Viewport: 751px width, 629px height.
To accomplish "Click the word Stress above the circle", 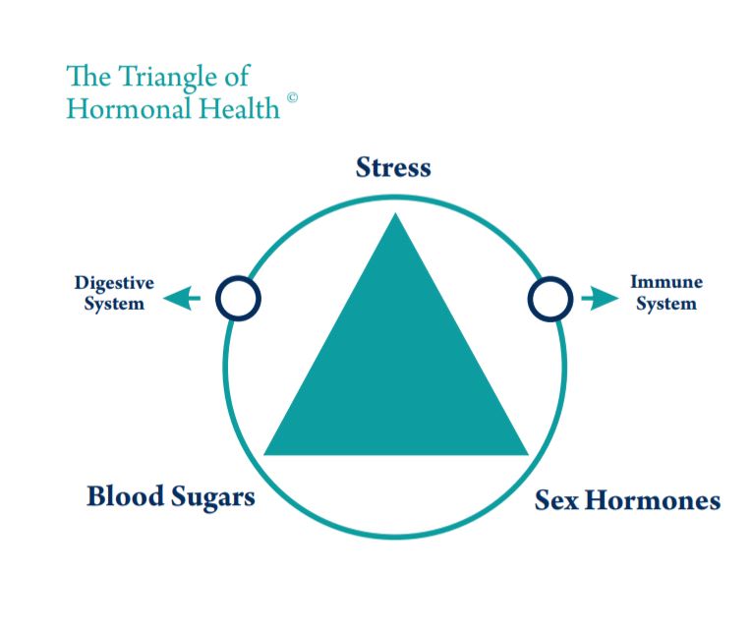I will coord(393,167).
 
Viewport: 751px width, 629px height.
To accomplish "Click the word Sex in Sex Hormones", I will coord(555,500).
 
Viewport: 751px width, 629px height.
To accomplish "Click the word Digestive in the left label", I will coord(114,283).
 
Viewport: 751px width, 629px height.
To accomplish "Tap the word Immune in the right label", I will coord(666,282).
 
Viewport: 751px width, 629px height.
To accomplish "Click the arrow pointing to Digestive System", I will coord(182,297).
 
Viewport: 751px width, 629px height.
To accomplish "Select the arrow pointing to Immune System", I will coord(601,297).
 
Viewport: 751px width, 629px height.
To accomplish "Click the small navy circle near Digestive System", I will coord(237,297).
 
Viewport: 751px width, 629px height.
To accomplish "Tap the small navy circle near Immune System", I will coord(550,297).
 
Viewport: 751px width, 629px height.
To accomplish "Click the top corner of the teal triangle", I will coord(395,218).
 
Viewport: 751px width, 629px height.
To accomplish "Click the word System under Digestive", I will coord(114,304).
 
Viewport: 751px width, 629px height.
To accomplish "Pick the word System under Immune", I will coord(666,304).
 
